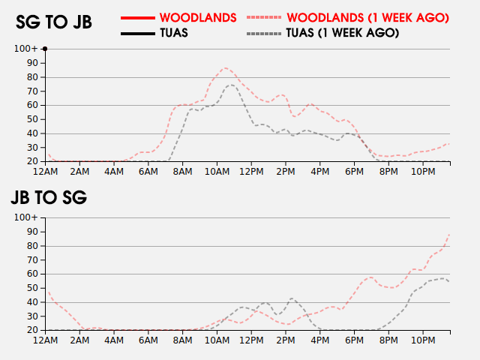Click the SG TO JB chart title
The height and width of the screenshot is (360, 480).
54,22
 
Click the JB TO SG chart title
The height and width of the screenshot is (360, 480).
48,198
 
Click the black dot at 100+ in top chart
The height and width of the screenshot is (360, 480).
45,49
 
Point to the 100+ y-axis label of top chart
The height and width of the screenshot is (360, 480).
26,49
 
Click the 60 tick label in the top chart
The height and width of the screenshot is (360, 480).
32,105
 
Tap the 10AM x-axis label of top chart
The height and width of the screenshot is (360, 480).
217,172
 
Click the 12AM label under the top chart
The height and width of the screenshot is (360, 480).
46,172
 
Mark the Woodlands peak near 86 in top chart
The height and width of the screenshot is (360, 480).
226,68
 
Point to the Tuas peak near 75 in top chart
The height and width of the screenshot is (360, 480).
230,85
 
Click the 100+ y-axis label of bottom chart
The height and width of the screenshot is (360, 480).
26,217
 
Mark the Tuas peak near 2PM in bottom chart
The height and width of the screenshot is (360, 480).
291,298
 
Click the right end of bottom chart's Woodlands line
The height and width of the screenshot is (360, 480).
449,235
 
